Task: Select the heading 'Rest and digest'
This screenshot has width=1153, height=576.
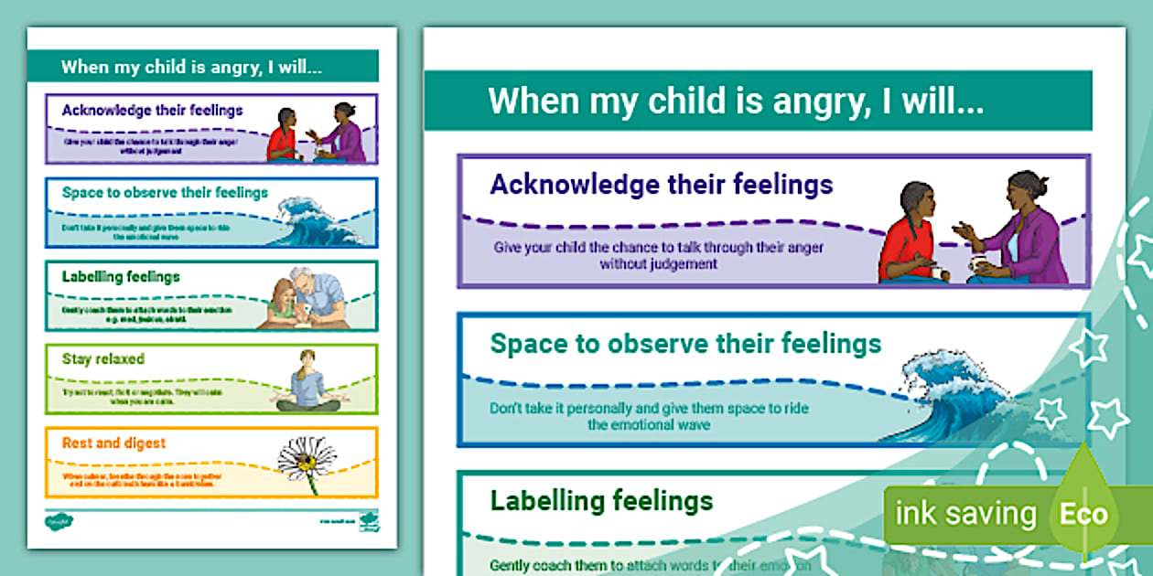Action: pyautogui.click(x=113, y=443)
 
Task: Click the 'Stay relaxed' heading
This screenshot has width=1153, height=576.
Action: pyautogui.click(x=102, y=359)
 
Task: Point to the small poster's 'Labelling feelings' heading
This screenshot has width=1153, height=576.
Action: pyautogui.click(x=121, y=276)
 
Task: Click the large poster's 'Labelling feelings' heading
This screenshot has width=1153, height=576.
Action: pyautogui.click(x=601, y=500)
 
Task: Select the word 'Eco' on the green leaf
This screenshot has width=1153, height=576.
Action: pyautogui.click(x=1083, y=514)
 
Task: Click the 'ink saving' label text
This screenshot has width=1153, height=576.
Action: pyautogui.click(x=965, y=514)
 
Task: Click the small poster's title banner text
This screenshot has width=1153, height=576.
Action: pyautogui.click(x=190, y=67)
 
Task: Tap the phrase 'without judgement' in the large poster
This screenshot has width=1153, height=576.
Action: pyautogui.click(x=658, y=263)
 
